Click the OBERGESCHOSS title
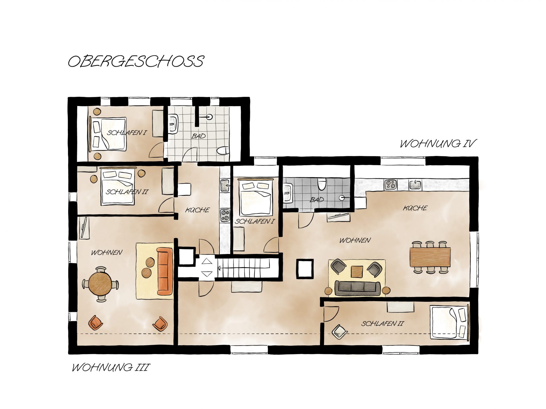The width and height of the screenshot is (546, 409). tap(136, 61)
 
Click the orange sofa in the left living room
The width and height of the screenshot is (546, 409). tap(165, 271)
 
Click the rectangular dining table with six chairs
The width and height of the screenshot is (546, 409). tap(430, 257)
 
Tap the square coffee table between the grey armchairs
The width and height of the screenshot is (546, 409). tap(357, 271)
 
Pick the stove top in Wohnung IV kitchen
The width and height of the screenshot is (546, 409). tap(390, 185)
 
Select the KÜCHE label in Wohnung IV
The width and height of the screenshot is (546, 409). tap(415, 208)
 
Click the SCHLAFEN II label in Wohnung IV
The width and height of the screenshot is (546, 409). tap(383, 324)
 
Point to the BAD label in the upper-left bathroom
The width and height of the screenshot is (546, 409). tap(198, 136)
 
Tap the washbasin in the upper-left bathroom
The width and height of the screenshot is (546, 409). tap(173, 124)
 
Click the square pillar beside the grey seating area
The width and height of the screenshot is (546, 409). tap(305, 268)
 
